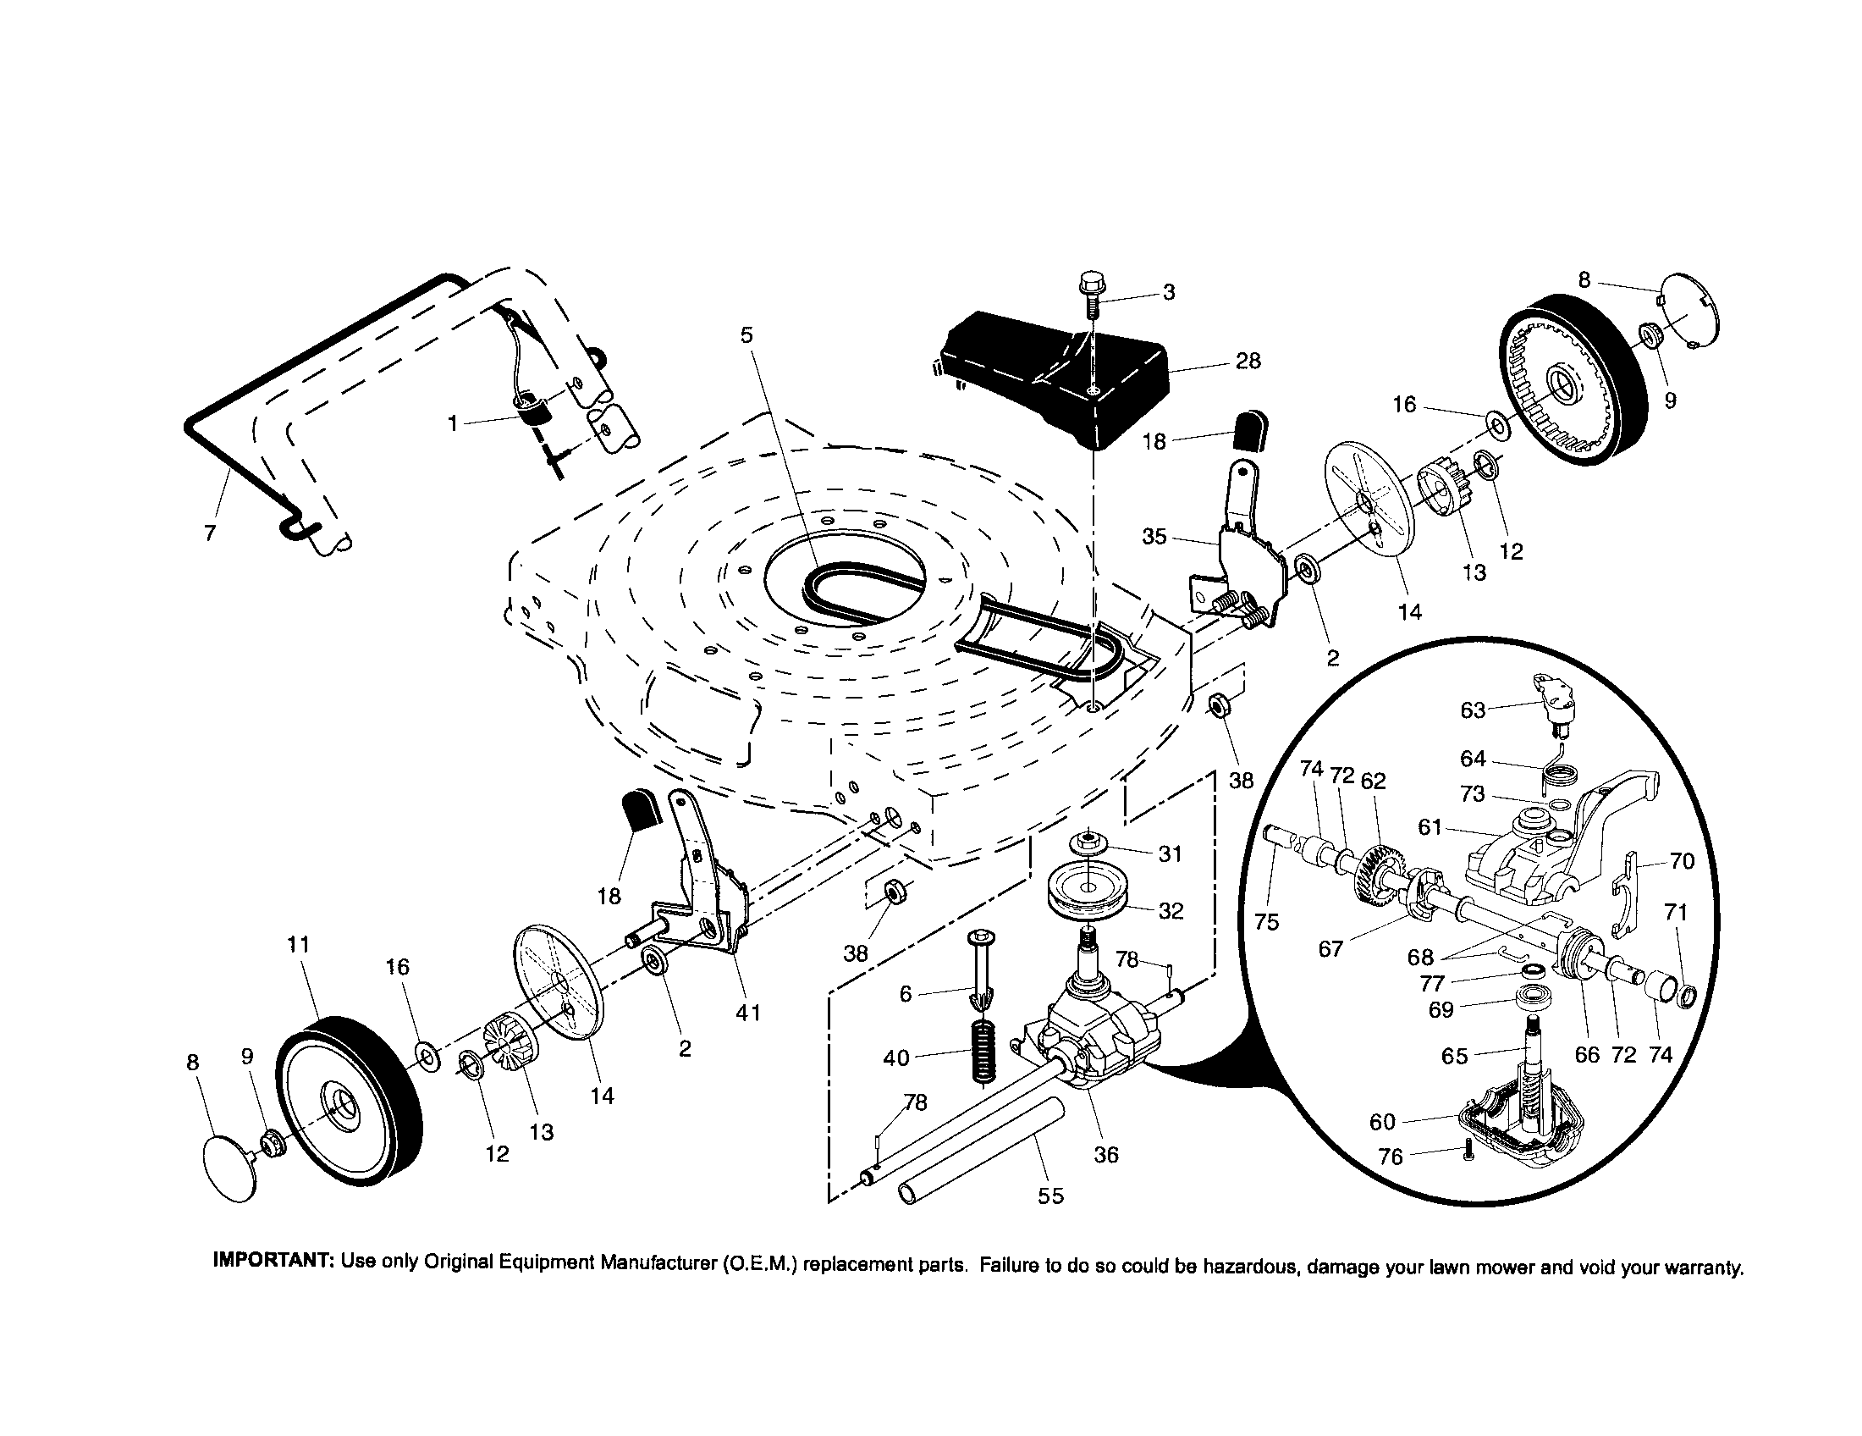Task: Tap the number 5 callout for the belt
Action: pyautogui.click(x=746, y=335)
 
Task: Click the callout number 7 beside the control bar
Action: pyautogui.click(x=211, y=533)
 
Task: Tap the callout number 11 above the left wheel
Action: pyautogui.click(x=299, y=945)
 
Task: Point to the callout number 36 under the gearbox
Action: pyautogui.click(x=1106, y=1155)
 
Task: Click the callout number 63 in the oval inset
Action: pyautogui.click(x=1473, y=710)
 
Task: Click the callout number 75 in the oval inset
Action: pyautogui.click(x=1267, y=922)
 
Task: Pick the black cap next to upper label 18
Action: pyautogui.click(x=1251, y=429)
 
